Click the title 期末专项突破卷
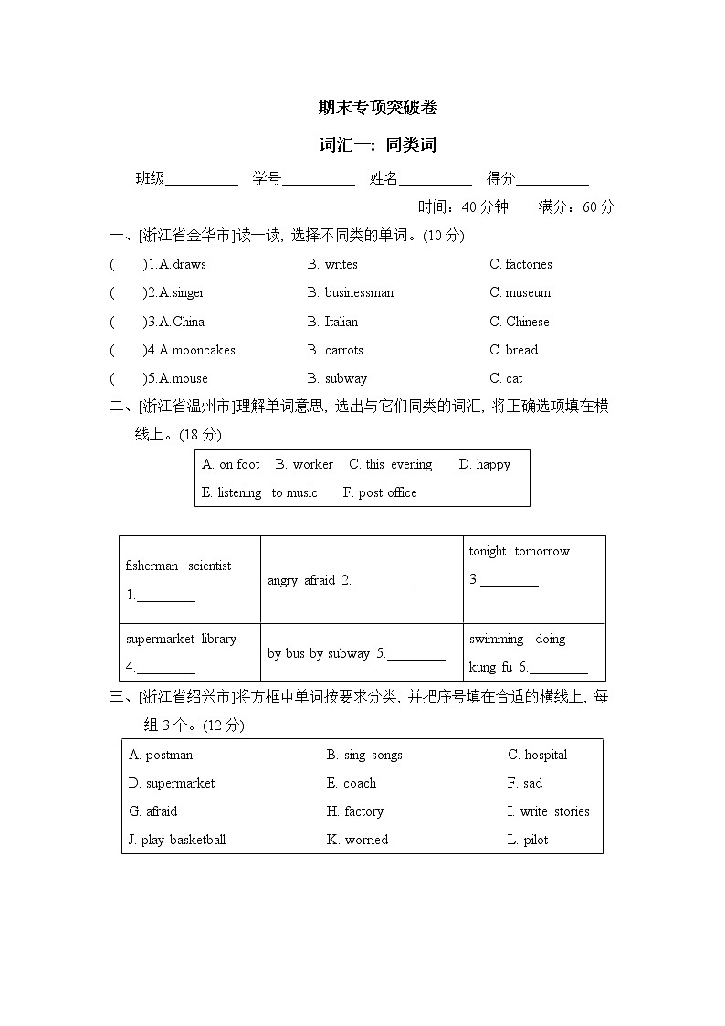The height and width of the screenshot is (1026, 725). (377, 108)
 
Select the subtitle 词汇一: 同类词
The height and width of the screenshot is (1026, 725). (377, 145)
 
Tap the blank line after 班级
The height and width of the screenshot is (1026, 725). (202, 181)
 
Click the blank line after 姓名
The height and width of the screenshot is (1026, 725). (436, 181)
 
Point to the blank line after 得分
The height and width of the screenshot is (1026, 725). (552, 181)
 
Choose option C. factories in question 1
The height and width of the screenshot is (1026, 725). (520, 265)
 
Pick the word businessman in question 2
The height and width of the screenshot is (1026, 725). (359, 293)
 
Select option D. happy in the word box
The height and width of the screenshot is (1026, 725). (484, 465)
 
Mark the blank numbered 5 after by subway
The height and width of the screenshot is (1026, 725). (416, 655)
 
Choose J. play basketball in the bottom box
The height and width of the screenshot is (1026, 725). (177, 840)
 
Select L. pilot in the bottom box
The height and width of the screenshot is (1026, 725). (528, 840)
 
